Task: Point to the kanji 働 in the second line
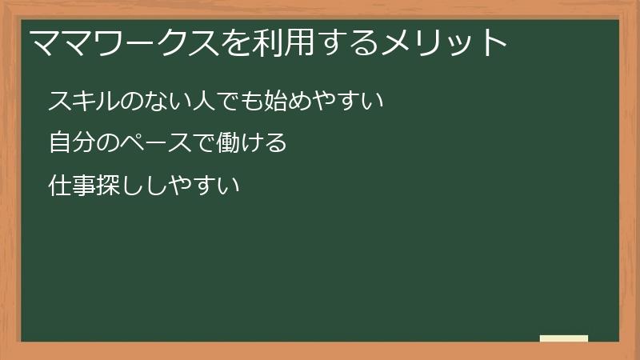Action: (227, 144)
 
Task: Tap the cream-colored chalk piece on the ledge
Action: (564, 338)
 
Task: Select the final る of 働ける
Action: (275, 144)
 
